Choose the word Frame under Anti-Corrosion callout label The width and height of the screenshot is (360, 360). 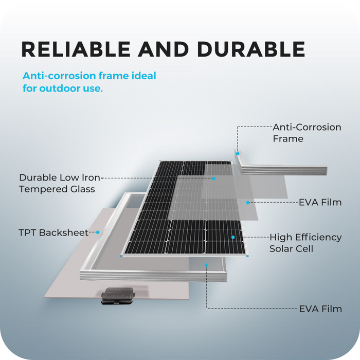(287, 139)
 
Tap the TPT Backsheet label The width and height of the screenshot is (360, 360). (53, 232)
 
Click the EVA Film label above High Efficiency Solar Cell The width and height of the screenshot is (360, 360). (320, 203)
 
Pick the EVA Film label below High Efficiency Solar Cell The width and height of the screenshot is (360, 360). (320, 309)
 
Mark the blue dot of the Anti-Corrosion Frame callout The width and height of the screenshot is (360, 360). (238, 153)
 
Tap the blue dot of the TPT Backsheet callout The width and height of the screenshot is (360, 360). (97, 232)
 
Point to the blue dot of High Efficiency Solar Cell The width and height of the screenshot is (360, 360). (233, 237)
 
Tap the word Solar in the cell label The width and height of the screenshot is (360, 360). (282, 249)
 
